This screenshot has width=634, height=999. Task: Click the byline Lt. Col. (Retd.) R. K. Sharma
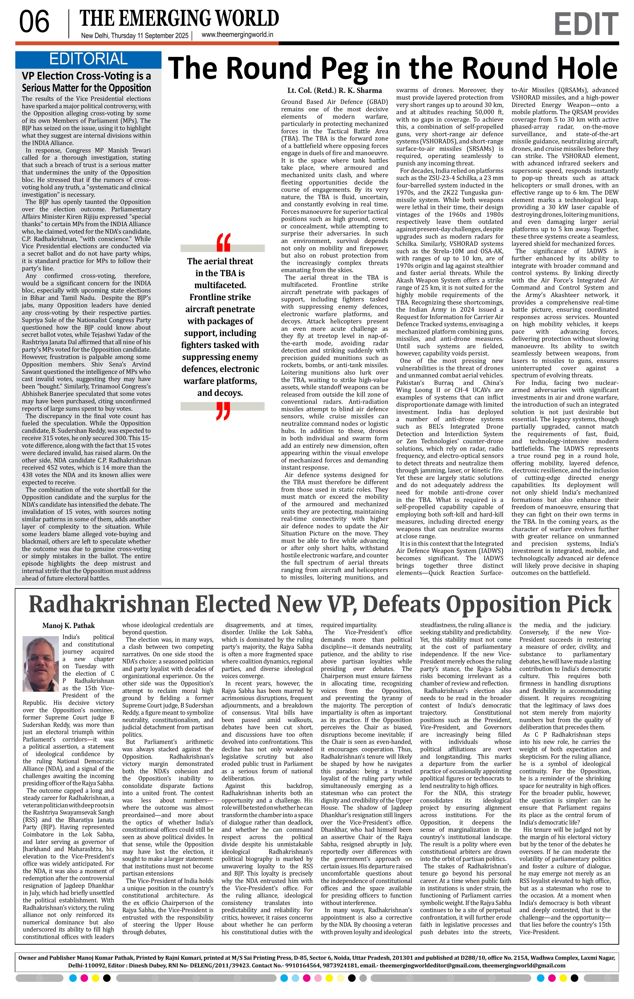[334, 90]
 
